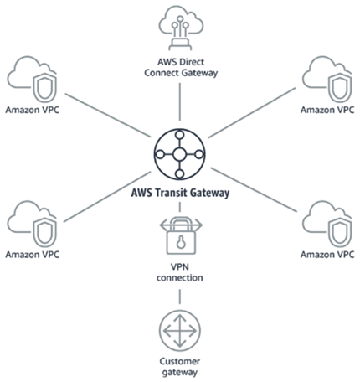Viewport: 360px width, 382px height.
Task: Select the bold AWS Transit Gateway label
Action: click(x=181, y=190)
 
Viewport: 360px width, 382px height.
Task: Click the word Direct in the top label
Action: click(x=198, y=62)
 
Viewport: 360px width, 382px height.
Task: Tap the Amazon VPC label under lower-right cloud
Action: click(x=327, y=253)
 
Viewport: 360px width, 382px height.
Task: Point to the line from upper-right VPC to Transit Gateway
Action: click(x=251, y=117)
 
